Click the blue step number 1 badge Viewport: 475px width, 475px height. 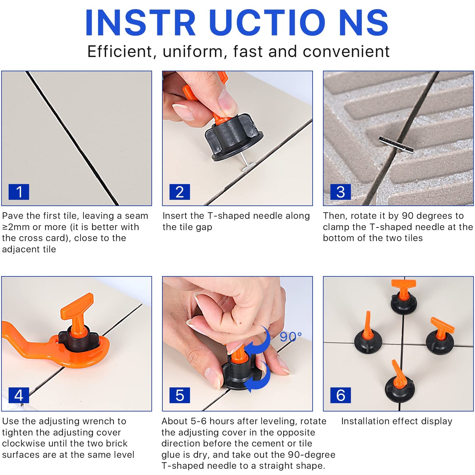19,192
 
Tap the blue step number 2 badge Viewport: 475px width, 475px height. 179,192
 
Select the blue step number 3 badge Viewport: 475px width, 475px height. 341,192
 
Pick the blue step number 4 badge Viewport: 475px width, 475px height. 19,395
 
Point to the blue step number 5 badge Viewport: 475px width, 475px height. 179,395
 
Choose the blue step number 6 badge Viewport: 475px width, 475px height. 341,395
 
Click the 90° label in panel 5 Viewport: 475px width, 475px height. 291,337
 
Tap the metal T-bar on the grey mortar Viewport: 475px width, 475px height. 396,144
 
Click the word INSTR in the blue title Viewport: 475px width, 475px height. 140,23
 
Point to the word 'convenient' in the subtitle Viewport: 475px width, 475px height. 346,52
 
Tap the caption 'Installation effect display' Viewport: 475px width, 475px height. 396,421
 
